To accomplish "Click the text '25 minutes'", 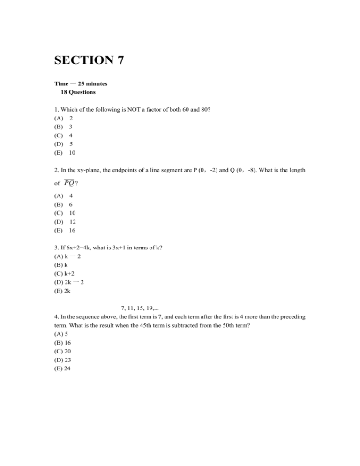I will click(x=90, y=84).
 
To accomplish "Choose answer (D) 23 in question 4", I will click(x=63, y=360).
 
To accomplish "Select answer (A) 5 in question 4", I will click(x=61, y=334).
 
